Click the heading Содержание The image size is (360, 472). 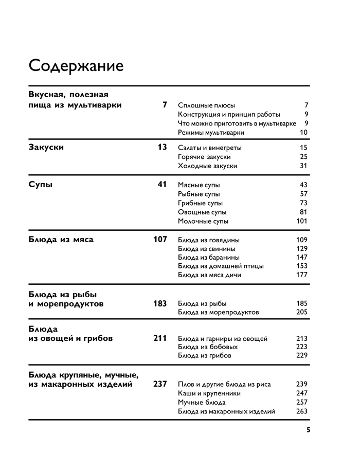(76, 66)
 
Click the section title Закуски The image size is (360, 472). (46, 147)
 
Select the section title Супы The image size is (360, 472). (40, 184)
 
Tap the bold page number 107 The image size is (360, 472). (160, 239)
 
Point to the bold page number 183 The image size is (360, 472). (160, 303)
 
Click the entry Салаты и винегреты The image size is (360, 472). (210, 148)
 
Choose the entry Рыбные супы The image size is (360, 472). (199, 194)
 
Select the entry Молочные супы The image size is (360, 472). (203, 221)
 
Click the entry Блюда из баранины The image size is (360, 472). (209, 257)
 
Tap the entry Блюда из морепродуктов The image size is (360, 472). (219, 312)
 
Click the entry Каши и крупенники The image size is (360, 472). (209, 393)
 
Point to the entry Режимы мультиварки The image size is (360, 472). (211, 132)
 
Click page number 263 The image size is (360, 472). (302, 411)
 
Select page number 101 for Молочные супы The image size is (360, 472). (302, 221)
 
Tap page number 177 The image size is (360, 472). (302, 275)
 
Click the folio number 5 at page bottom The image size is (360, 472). (308, 430)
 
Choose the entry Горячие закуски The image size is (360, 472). (204, 157)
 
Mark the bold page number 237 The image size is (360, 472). (160, 384)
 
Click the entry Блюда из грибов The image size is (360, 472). (205, 356)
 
